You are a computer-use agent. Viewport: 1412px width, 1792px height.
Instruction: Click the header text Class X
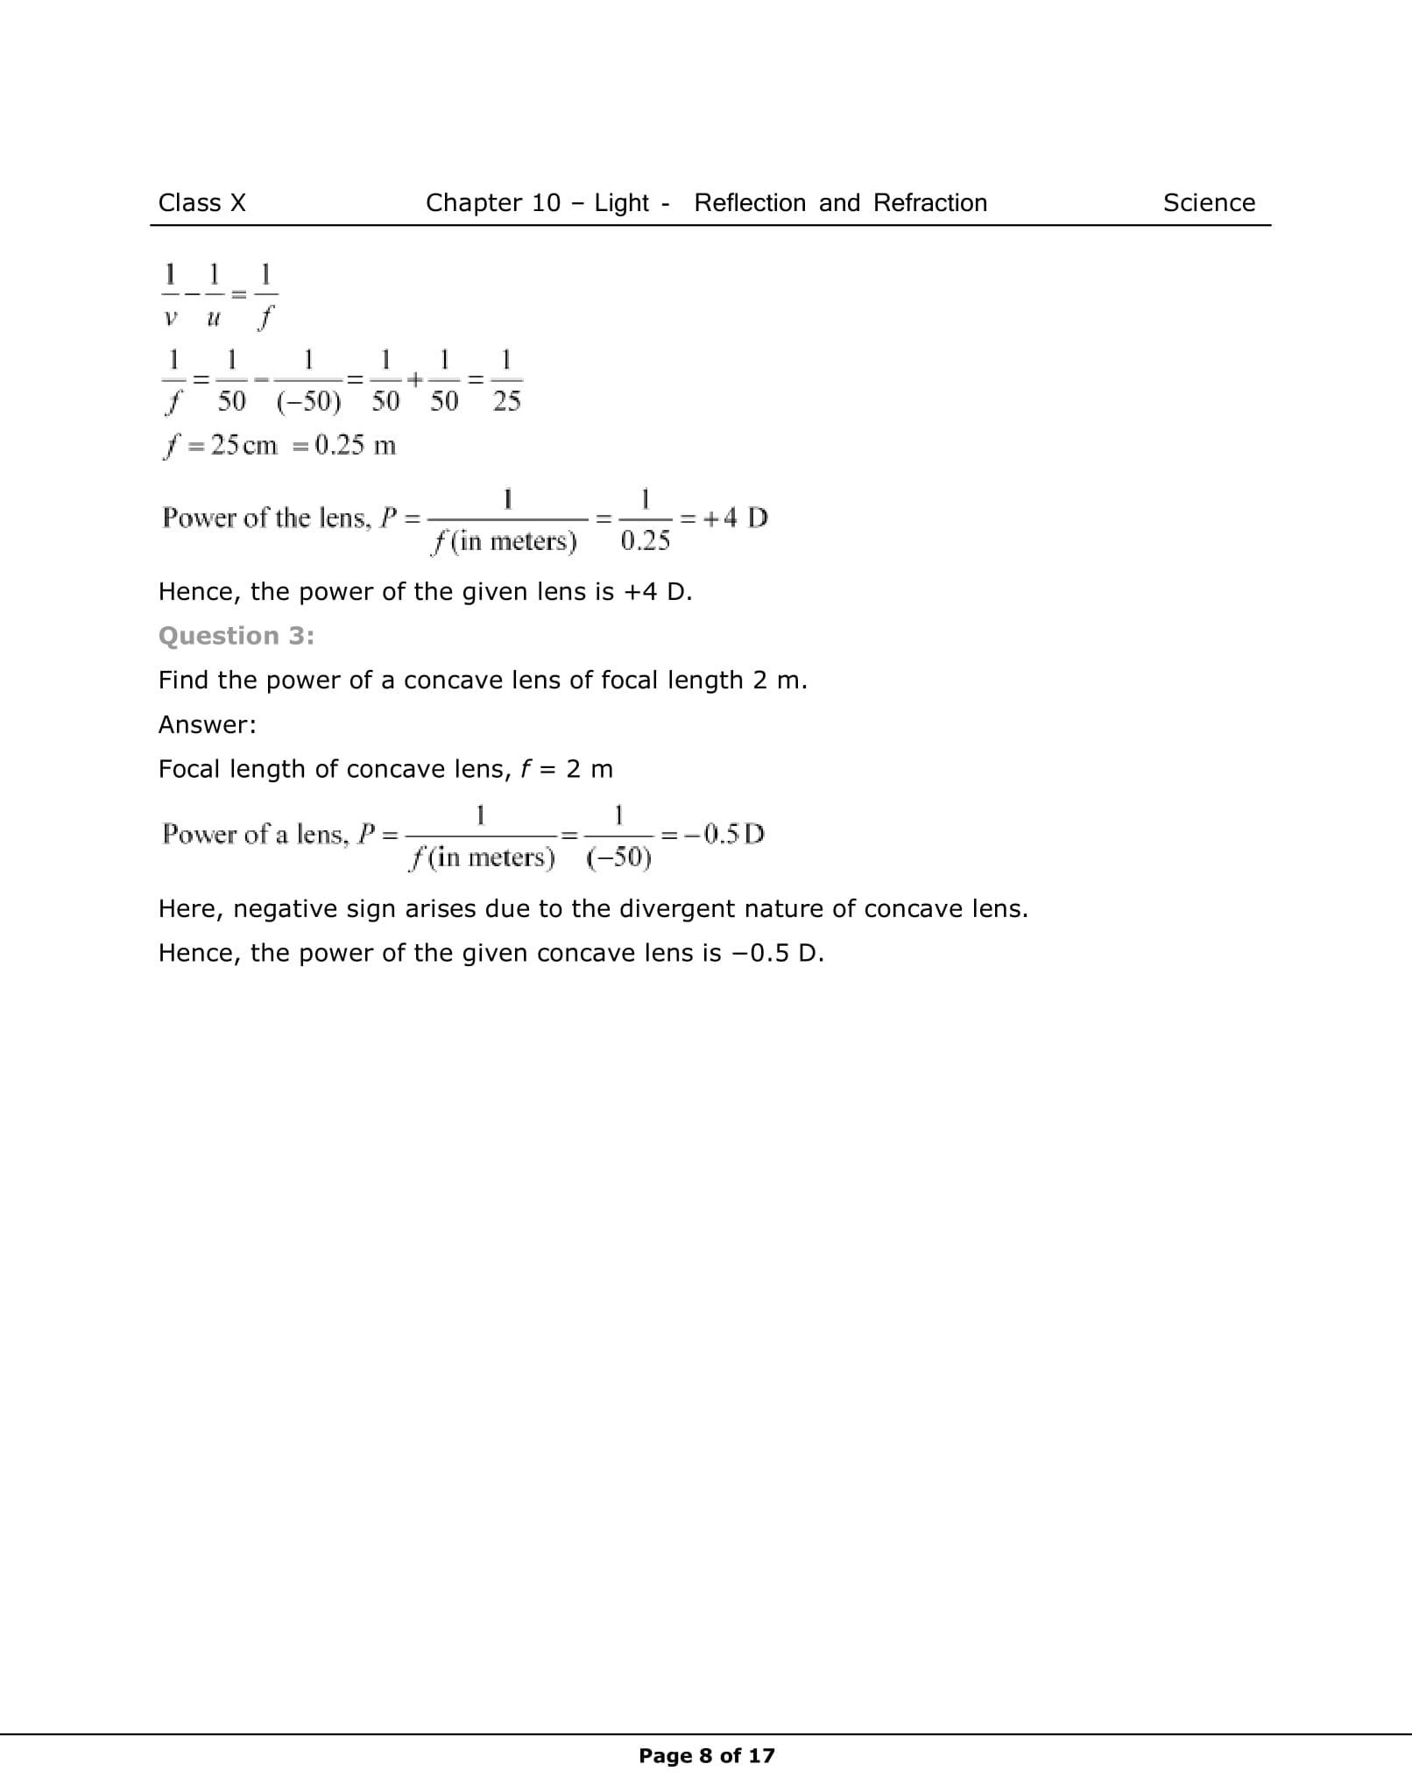201,203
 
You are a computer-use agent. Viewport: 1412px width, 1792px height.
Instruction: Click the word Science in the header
1208,203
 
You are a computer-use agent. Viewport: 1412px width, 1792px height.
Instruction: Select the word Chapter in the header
469,203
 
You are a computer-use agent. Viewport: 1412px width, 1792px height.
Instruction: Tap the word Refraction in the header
929,203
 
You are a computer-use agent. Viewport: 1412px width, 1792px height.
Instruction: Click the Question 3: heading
236,636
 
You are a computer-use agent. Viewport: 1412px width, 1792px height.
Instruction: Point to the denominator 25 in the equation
506,402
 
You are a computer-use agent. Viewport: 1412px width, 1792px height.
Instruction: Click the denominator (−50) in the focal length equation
308,402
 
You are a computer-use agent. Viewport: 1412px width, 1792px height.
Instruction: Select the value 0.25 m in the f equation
355,446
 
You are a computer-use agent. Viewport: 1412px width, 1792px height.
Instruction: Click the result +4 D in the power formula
736,518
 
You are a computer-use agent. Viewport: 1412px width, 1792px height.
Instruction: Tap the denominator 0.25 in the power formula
645,541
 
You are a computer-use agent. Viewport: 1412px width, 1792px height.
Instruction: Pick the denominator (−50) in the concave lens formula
618,857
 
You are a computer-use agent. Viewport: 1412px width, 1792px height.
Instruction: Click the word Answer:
207,725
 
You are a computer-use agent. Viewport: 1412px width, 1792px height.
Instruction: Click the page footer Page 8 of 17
706,1755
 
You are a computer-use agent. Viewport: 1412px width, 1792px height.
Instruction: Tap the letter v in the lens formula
170,318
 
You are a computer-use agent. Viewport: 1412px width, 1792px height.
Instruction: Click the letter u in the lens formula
213,318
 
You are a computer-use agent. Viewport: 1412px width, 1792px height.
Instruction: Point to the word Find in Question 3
182,681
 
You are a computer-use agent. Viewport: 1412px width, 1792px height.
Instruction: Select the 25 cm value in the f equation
244,446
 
